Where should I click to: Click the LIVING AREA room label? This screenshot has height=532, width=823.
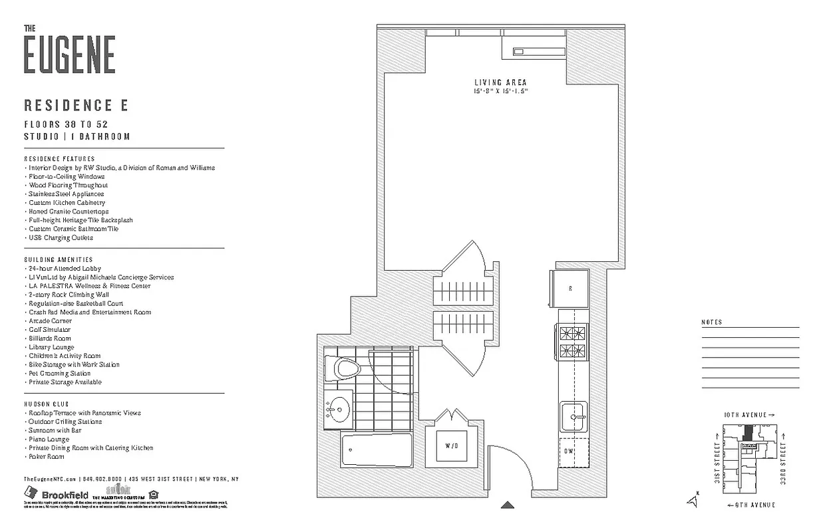click(500, 82)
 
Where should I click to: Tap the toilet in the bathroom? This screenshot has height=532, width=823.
click(345, 368)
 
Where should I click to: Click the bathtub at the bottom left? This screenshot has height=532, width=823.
click(376, 450)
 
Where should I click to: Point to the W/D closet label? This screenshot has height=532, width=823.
click(451, 446)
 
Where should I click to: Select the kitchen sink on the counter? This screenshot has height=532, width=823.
click(573, 416)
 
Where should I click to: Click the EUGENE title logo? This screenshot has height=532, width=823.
click(69, 55)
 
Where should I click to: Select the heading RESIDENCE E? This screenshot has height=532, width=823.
click(76, 105)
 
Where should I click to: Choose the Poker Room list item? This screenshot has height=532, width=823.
click(46, 457)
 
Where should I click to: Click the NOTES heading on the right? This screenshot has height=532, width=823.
click(711, 323)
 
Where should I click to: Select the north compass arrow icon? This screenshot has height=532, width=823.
click(695, 501)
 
